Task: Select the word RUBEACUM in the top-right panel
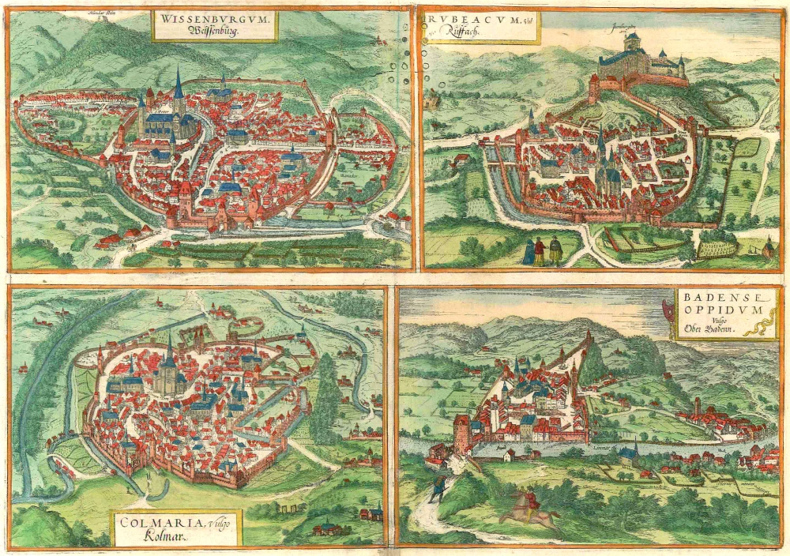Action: pos(463,20)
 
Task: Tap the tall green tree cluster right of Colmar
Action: pos(325,399)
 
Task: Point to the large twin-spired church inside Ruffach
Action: pos(602,166)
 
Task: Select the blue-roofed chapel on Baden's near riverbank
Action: pos(627,453)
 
